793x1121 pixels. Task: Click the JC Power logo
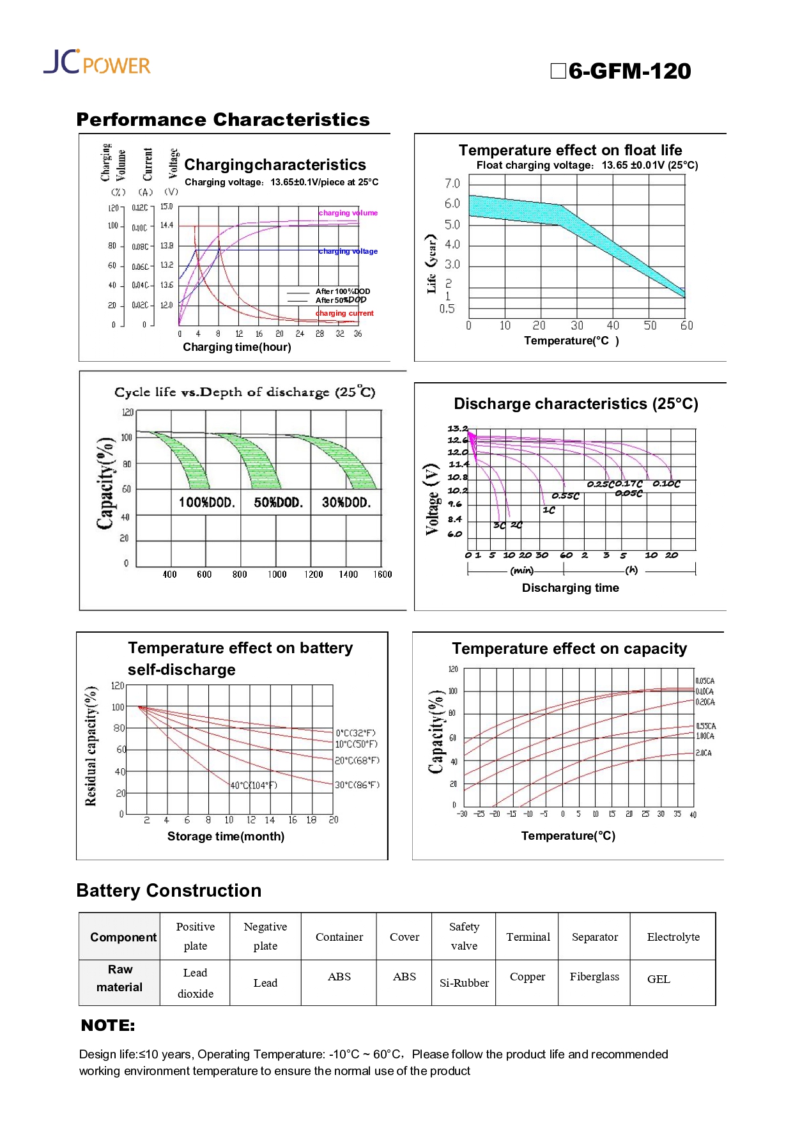click(x=97, y=62)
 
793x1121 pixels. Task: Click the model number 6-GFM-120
click(x=629, y=71)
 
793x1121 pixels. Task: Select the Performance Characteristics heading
click(x=223, y=120)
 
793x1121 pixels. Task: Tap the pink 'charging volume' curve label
click(x=348, y=213)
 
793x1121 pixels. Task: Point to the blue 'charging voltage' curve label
click(x=348, y=251)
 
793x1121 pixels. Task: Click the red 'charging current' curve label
click(x=345, y=313)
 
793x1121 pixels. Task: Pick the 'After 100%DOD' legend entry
click(x=343, y=291)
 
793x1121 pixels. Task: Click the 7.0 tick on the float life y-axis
click(x=452, y=183)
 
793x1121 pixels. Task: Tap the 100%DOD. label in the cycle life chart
click(x=207, y=502)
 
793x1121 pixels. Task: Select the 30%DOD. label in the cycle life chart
click(x=346, y=502)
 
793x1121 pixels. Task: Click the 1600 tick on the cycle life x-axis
click(x=382, y=575)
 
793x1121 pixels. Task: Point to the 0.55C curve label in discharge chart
click(x=566, y=496)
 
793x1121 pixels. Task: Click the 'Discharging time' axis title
click(x=570, y=588)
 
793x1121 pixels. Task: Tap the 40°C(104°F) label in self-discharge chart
click(x=254, y=785)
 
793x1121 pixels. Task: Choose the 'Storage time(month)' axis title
click(x=226, y=837)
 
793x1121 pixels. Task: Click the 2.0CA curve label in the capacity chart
click(x=704, y=753)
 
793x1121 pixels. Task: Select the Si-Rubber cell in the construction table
click(x=464, y=983)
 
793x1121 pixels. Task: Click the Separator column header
click(x=594, y=937)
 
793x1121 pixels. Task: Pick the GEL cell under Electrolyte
click(x=659, y=979)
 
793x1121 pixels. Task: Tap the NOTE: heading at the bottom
click(x=108, y=1026)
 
